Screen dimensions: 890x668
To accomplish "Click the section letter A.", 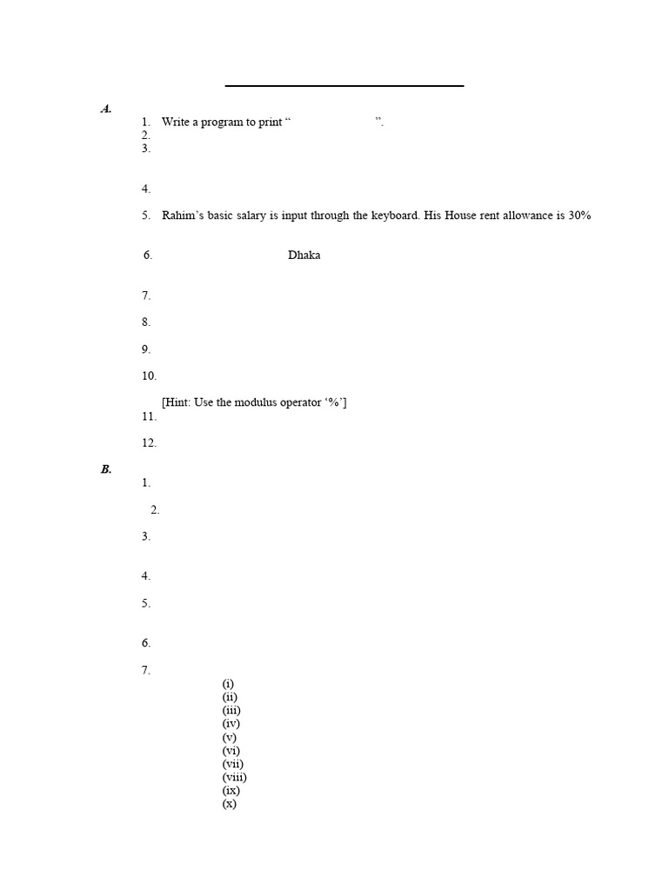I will [x=105, y=109].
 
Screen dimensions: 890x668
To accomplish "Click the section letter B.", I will [x=105, y=469].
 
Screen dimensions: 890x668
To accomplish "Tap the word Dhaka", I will [x=304, y=256].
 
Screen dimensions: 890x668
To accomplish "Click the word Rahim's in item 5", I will [x=181, y=216].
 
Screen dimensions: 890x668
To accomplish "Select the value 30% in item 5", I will [x=579, y=216].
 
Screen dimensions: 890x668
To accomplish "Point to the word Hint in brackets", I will [x=177, y=402].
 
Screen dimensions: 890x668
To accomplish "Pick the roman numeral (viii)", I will [x=235, y=777].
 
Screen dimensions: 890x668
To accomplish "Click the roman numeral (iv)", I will [x=231, y=723].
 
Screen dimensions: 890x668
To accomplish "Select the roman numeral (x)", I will [x=230, y=804].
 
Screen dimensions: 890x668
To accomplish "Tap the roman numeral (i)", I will [x=229, y=683].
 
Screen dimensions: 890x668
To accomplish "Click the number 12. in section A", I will [x=149, y=443].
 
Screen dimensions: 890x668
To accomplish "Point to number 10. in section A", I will [x=149, y=376].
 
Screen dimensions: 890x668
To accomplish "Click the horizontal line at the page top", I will [x=344, y=86].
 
